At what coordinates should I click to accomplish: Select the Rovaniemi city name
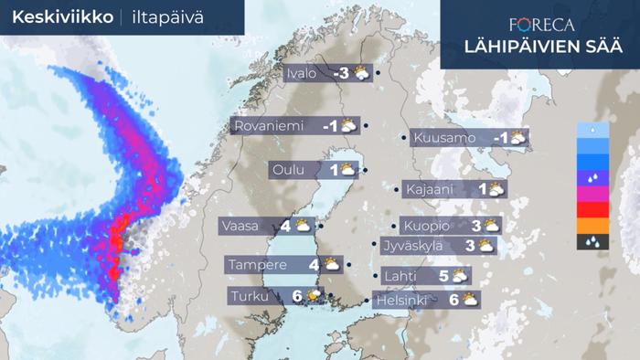pos(269,126)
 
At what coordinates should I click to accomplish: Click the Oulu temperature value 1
pos(334,170)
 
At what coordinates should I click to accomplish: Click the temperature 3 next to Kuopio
pos(476,226)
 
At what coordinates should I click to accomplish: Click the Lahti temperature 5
pos(443,275)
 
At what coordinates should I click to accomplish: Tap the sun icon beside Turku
pos(315,296)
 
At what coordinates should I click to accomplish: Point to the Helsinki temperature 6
pos(453,299)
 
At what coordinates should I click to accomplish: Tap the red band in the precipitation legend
pos(593,210)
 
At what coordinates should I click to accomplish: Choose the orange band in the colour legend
pos(593,226)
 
